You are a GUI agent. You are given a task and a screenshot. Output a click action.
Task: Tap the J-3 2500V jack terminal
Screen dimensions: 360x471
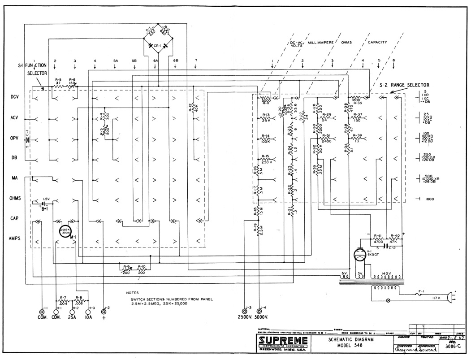pos(245,310)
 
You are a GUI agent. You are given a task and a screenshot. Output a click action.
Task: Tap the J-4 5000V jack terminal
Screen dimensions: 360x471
pos(261,310)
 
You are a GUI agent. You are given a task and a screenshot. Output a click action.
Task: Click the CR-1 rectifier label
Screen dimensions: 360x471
pos(157,46)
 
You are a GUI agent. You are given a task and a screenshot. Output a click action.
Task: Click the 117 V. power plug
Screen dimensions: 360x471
pos(454,297)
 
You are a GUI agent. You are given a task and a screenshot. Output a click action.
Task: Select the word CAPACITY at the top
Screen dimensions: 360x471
pos(377,42)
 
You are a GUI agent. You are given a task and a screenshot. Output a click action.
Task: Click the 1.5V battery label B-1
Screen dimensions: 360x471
pos(44,208)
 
